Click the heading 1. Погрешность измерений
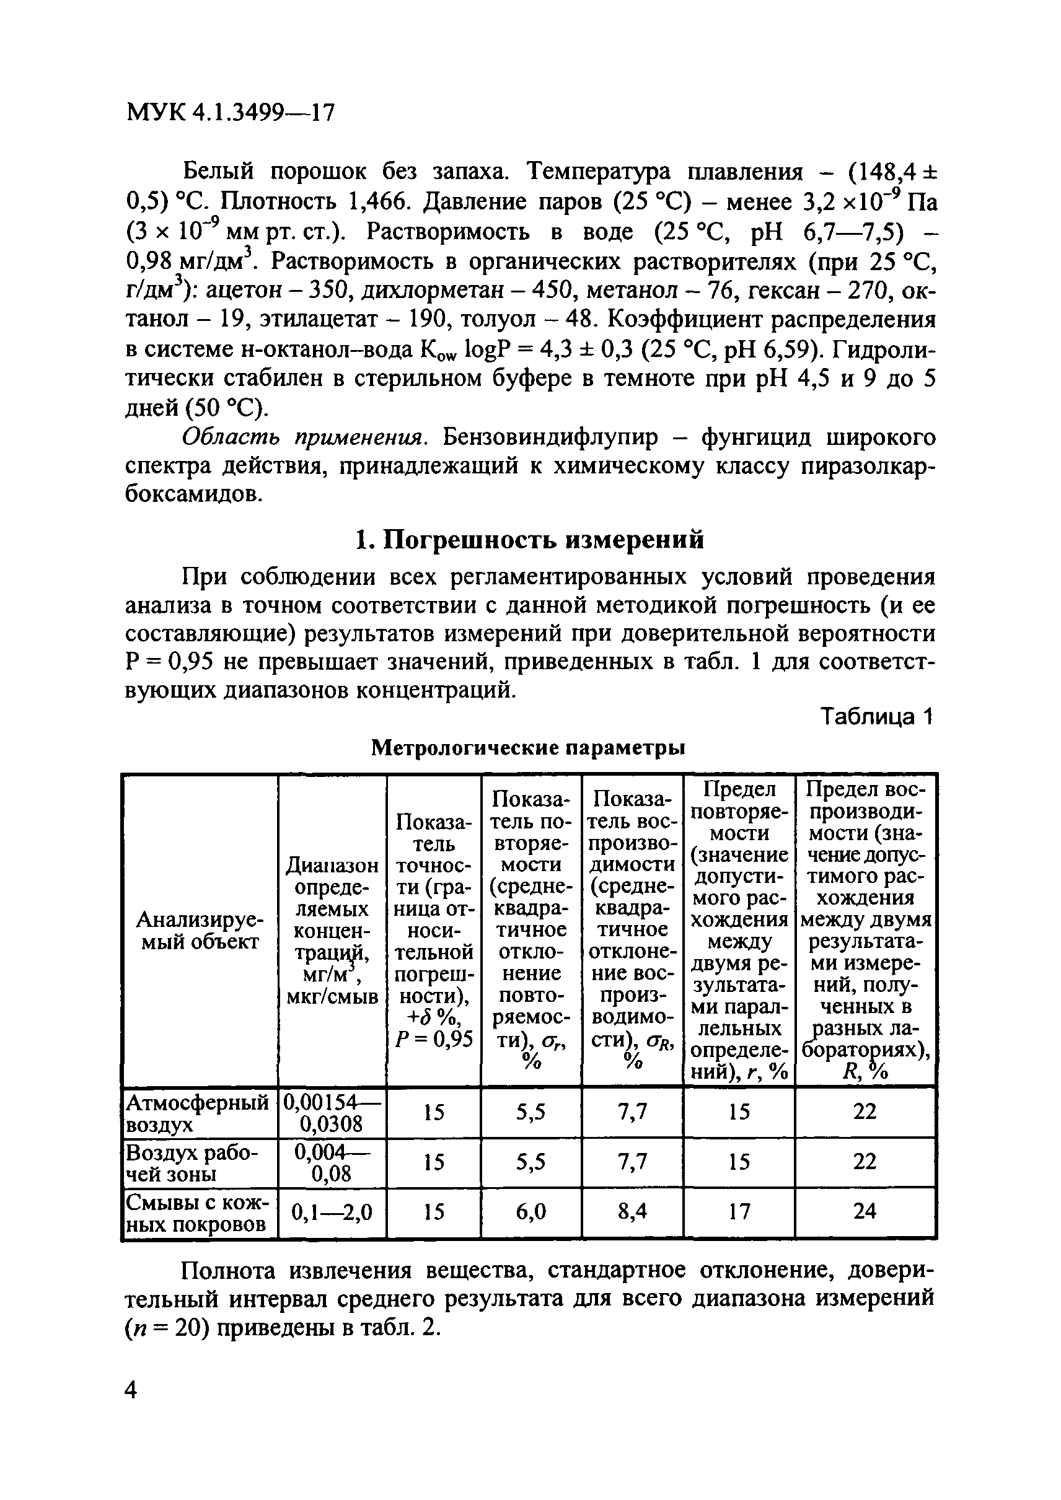[x=530, y=540]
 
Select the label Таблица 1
[x=878, y=717]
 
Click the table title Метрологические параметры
[x=528, y=747]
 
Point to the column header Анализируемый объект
[x=200, y=931]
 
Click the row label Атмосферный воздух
[x=197, y=1113]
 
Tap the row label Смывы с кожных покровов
[x=197, y=1213]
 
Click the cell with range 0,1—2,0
[x=332, y=1213]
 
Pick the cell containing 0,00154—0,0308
[x=332, y=1113]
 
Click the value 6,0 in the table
[x=530, y=1213]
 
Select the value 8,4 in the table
[x=632, y=1213]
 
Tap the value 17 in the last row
[x=739, y=1213]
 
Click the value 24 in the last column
[x=865, y=1213]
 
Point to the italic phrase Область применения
[x=304, y=437]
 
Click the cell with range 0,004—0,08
[x=332, y=1163]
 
